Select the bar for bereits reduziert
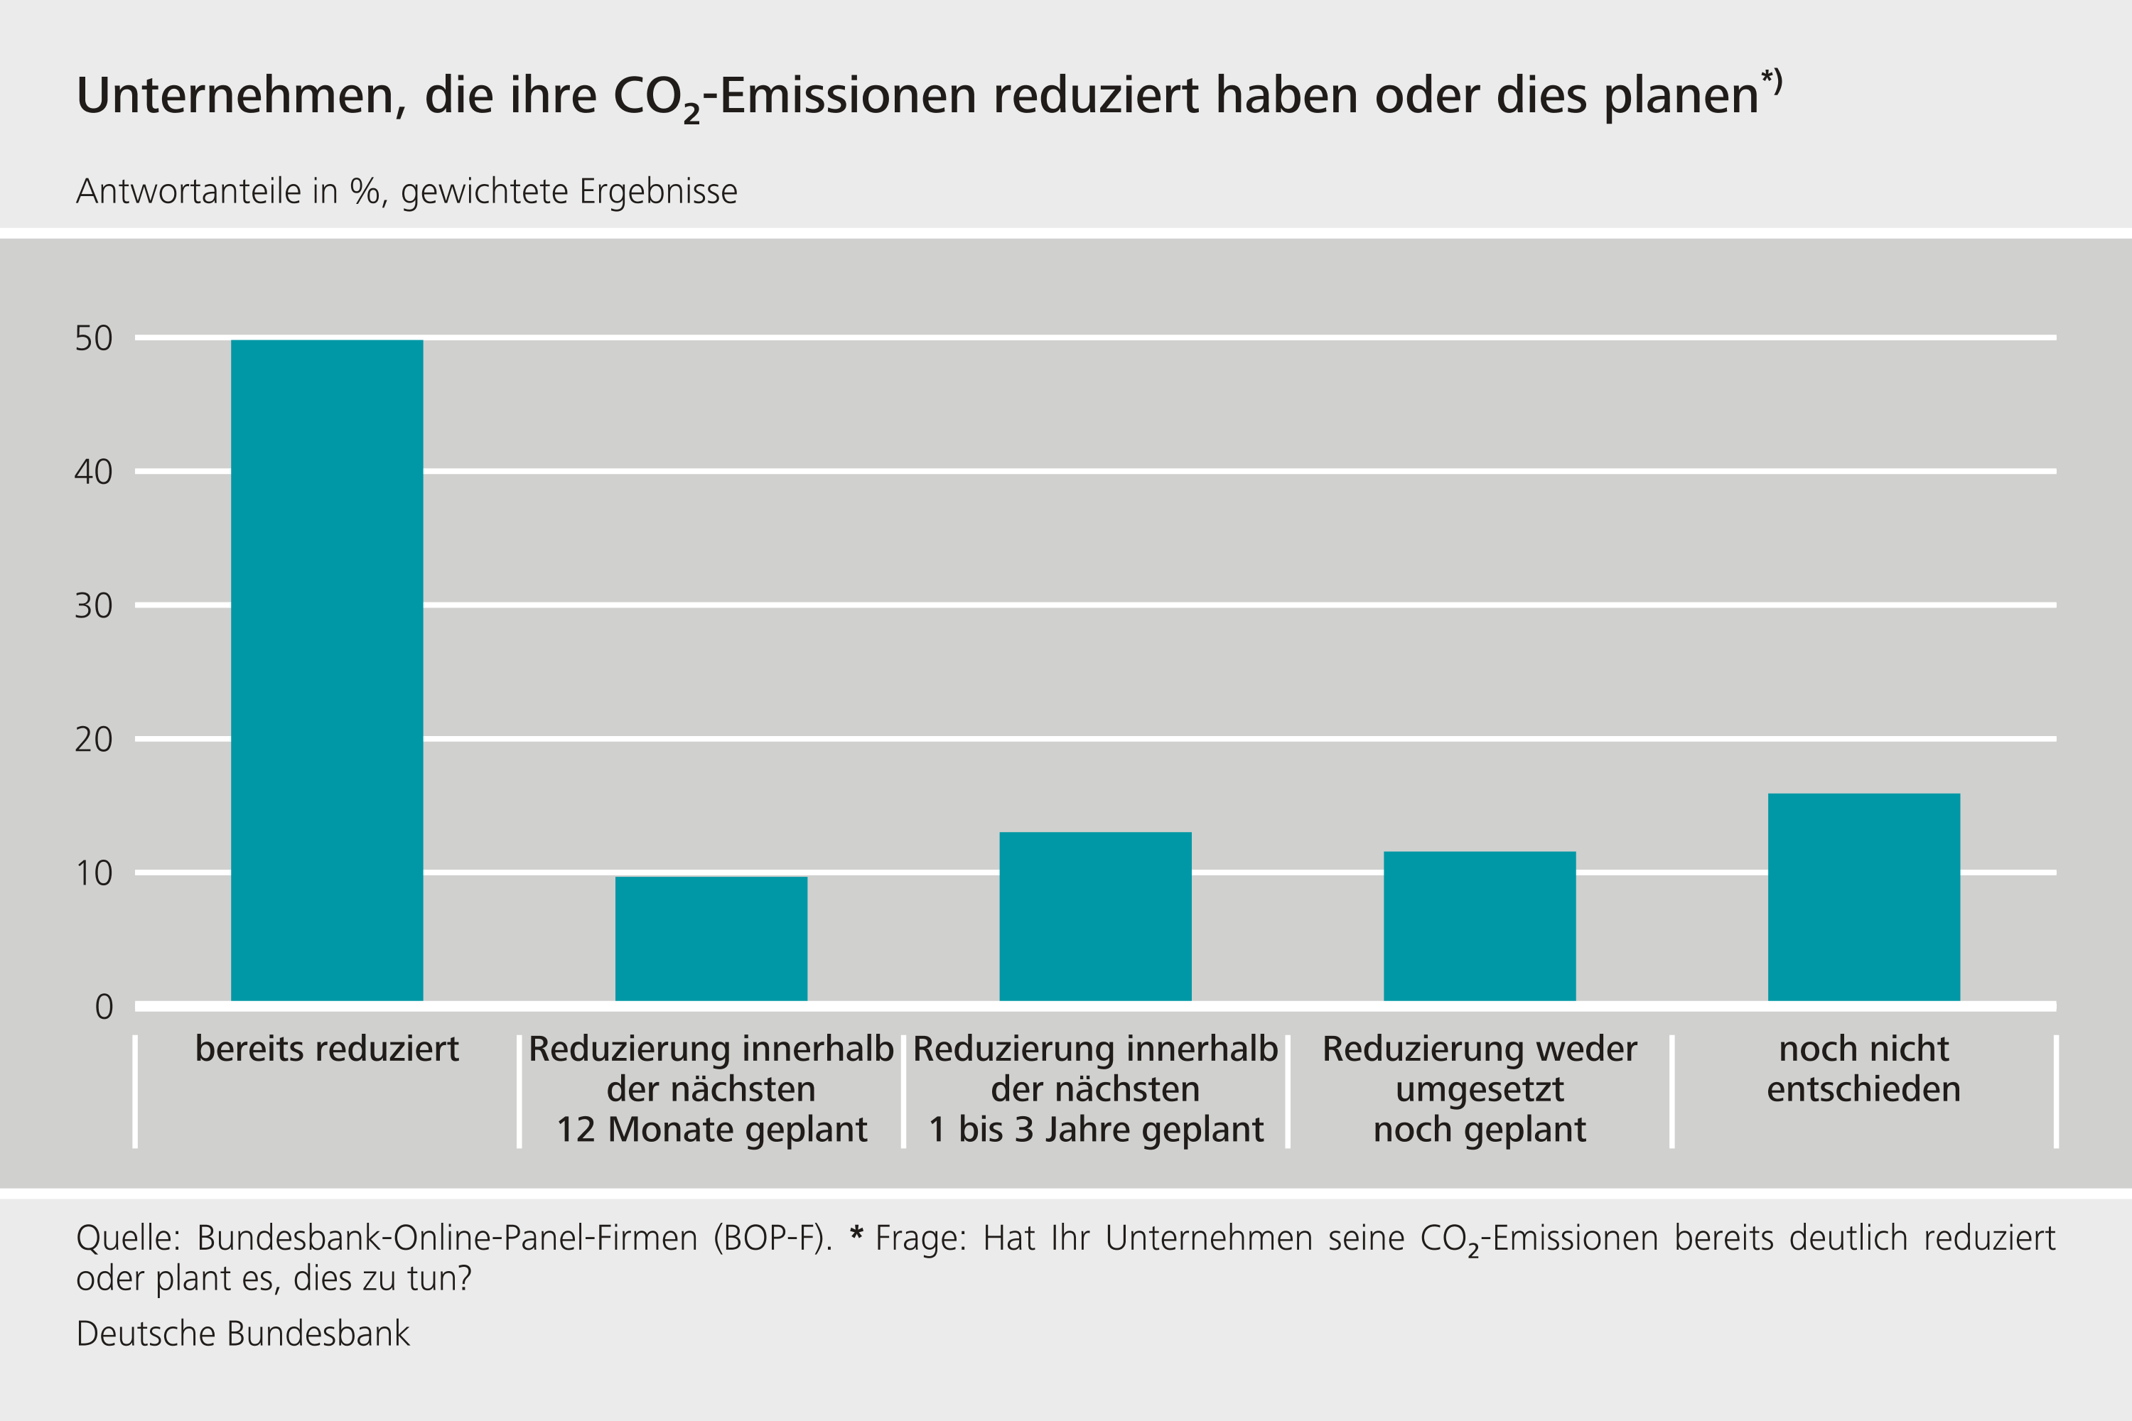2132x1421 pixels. pos(326,671)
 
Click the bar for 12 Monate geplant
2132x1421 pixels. pos(711,939)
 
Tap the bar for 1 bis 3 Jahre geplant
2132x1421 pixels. pos(1095,917)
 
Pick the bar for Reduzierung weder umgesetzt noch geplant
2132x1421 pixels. pos(1480,926)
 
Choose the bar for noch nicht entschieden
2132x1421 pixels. pos(1863,897)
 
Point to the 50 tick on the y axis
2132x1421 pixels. pos(93,338)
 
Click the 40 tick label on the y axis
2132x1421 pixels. pos(93,472)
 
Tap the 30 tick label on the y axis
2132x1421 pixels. pos(93,606)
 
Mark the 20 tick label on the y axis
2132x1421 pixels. pos(93,740)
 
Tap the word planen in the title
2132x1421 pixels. pos(1681,96)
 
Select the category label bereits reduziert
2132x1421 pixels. pos(326,1049)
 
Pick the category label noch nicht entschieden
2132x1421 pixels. pos(1863,1069)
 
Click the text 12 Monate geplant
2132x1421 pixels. pos(711,1129)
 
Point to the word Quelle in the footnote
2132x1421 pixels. pos(128,1238)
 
